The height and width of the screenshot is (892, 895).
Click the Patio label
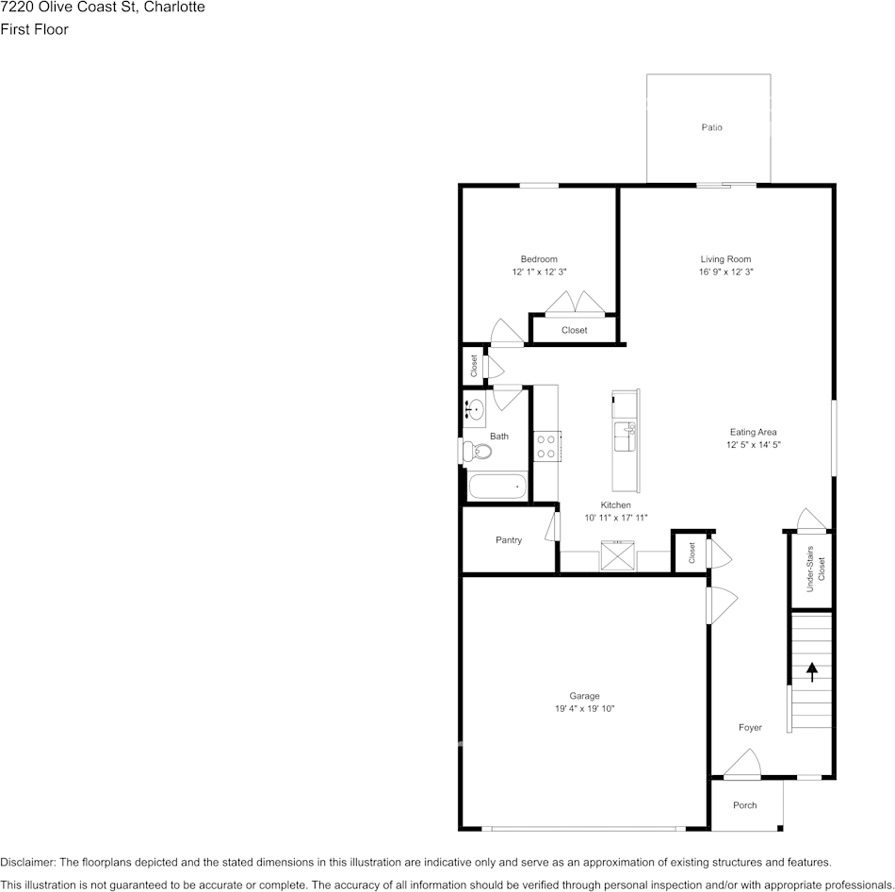pyautogui.click(x=711, y=127)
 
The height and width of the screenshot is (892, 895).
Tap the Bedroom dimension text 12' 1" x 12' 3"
pyautogui.click(x=539, y=272)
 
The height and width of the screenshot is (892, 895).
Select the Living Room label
pyautogui.click(x=724, y=259)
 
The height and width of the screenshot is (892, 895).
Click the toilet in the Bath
pyautogui.click(x=480, y=452)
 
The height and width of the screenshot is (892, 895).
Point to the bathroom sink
pyautogui.click(x=476, y=410)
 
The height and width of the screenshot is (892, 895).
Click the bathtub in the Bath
pyautogui.click(x=496, y=487)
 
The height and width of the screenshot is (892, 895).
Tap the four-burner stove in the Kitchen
pyautogui.click(x=546, y=445)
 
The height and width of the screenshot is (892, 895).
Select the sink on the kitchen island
pyautogui.click(x=625, y=438)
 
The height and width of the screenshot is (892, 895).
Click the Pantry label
pyautogui.click(x=509, y=540)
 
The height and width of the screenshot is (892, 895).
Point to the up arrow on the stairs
pyautogui.click(x=811, y=671)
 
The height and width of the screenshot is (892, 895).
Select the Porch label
pyautogui.click(x=744, y=805)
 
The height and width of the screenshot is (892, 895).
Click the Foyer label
pyautogui.click(x=750, y=727)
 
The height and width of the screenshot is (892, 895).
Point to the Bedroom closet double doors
pyautogui.click(x=574, y=303)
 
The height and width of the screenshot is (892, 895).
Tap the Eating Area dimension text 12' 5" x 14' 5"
pyautogui.click(x=753, y=444)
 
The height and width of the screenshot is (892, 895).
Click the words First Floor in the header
pyautogui.click(x=34, y=29)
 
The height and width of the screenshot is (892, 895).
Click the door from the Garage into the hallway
pyautogui.click(x=721, y=604)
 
